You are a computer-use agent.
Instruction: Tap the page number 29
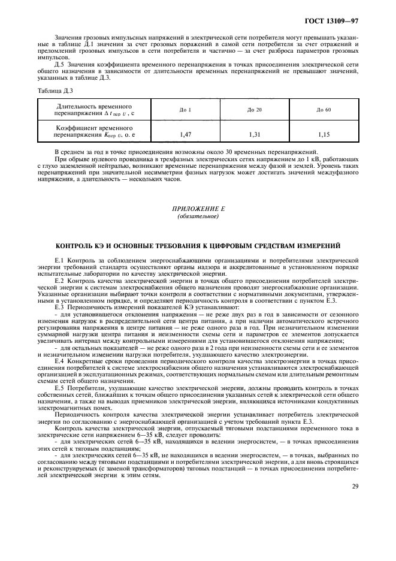click(355, 487)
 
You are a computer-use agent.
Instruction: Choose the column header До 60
click(324, 109)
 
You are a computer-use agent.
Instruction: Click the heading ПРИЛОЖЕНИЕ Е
click(198, 209)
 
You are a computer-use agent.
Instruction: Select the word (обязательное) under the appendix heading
click(198, 216)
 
